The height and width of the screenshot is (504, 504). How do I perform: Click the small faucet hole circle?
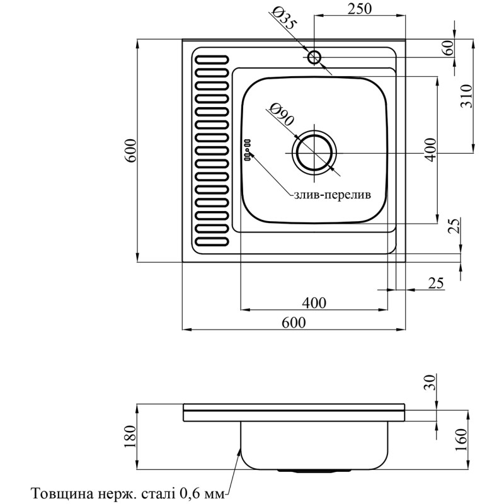[x=314, y=58]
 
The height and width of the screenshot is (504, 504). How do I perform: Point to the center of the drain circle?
[x=314, y=153]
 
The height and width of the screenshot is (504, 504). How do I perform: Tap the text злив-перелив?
[x=332, y=194]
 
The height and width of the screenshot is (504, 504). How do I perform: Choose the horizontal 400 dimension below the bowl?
[x=313, y=302]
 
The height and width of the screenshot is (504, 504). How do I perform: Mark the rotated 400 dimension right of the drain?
[x=430, y=149]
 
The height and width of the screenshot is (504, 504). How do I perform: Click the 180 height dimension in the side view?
[x=131, y=437]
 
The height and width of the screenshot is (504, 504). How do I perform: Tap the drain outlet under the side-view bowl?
[x=313, y=470]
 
